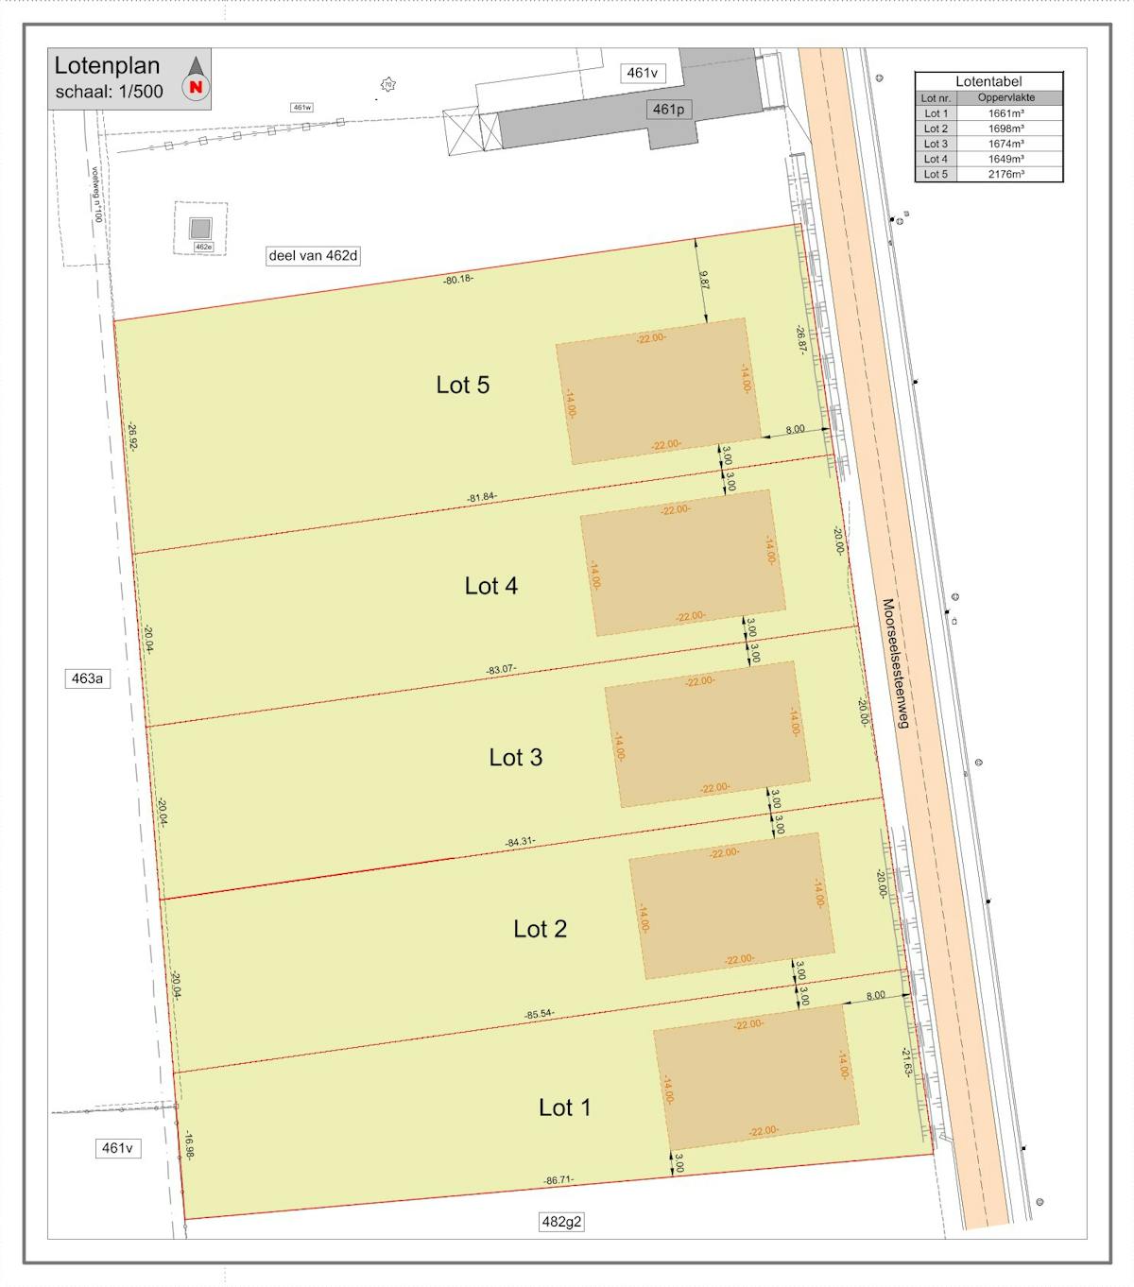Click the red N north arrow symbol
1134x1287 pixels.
197,87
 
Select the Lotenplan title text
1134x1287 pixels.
107,66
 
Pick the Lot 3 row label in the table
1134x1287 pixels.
936,144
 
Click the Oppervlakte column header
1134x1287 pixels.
1006,97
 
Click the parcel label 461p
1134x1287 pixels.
667,110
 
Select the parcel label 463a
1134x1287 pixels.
87,678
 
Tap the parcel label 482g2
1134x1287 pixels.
561,1222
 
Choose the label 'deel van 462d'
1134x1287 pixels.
314,255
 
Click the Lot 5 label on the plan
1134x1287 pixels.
462,385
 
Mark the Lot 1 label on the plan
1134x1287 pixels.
564,1107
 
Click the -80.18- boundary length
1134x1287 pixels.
458,280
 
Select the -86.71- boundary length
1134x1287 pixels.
558,1180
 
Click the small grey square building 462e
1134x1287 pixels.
200,228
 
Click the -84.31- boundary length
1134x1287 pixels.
521,842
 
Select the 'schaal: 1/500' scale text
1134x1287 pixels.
109,92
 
